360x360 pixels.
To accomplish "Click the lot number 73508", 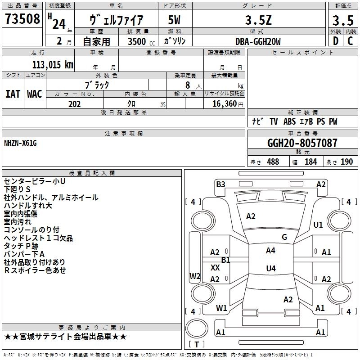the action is [22, 19].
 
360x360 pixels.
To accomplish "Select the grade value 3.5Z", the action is [258, 20].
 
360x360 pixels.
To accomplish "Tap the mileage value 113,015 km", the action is [53, 64].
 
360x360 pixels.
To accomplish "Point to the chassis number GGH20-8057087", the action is [302, 143].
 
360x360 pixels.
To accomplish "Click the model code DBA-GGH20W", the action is [258, 41].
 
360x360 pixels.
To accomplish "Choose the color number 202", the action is [74, 104].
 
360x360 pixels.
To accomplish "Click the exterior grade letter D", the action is [336, 41].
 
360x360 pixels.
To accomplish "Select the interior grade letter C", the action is [350, 41].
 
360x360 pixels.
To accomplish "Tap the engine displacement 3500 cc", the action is [141, 41].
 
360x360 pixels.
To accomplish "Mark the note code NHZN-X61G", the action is [20, 143].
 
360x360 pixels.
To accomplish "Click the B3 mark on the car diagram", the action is [220, 184].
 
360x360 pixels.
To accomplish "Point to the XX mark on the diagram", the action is [215, 268].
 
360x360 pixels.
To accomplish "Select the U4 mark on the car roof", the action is [271, 268].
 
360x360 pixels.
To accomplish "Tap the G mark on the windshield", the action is [284, 237].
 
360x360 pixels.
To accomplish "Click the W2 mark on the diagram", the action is [195, 276].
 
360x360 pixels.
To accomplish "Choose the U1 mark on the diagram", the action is [318, 225].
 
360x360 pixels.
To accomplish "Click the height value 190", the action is [346, 162].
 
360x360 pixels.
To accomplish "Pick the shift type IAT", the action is [13, 94].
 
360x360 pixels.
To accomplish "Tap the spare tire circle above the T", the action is [197, 328].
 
